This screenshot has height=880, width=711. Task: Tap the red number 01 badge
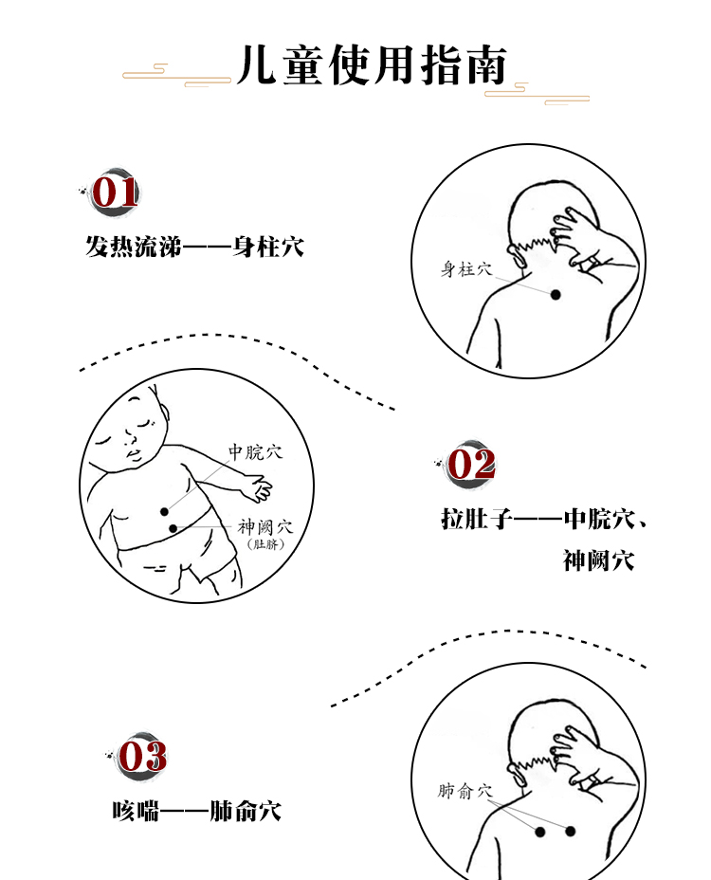coord(115,192)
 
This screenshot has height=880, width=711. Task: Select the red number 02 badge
coord(471,465)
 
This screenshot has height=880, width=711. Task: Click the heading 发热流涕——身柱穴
coord(194,248)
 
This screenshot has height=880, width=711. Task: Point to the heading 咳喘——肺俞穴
coord(196,812)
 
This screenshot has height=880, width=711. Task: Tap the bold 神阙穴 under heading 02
coord(598,560)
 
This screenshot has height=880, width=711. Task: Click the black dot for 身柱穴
coord(556,295)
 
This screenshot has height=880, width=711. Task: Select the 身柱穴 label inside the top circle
coord(466,269)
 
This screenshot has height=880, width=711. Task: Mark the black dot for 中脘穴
coord(164,511)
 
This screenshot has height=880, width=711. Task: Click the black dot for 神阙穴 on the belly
coord(173,528)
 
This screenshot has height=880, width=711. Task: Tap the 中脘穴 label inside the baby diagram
coord(255,452)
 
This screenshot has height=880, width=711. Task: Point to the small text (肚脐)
coord(264,544)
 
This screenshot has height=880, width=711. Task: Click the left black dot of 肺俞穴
coord(540,832)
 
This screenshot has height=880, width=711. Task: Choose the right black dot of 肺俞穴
coord(571,831)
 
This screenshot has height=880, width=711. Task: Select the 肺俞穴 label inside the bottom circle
coord(466,790)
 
